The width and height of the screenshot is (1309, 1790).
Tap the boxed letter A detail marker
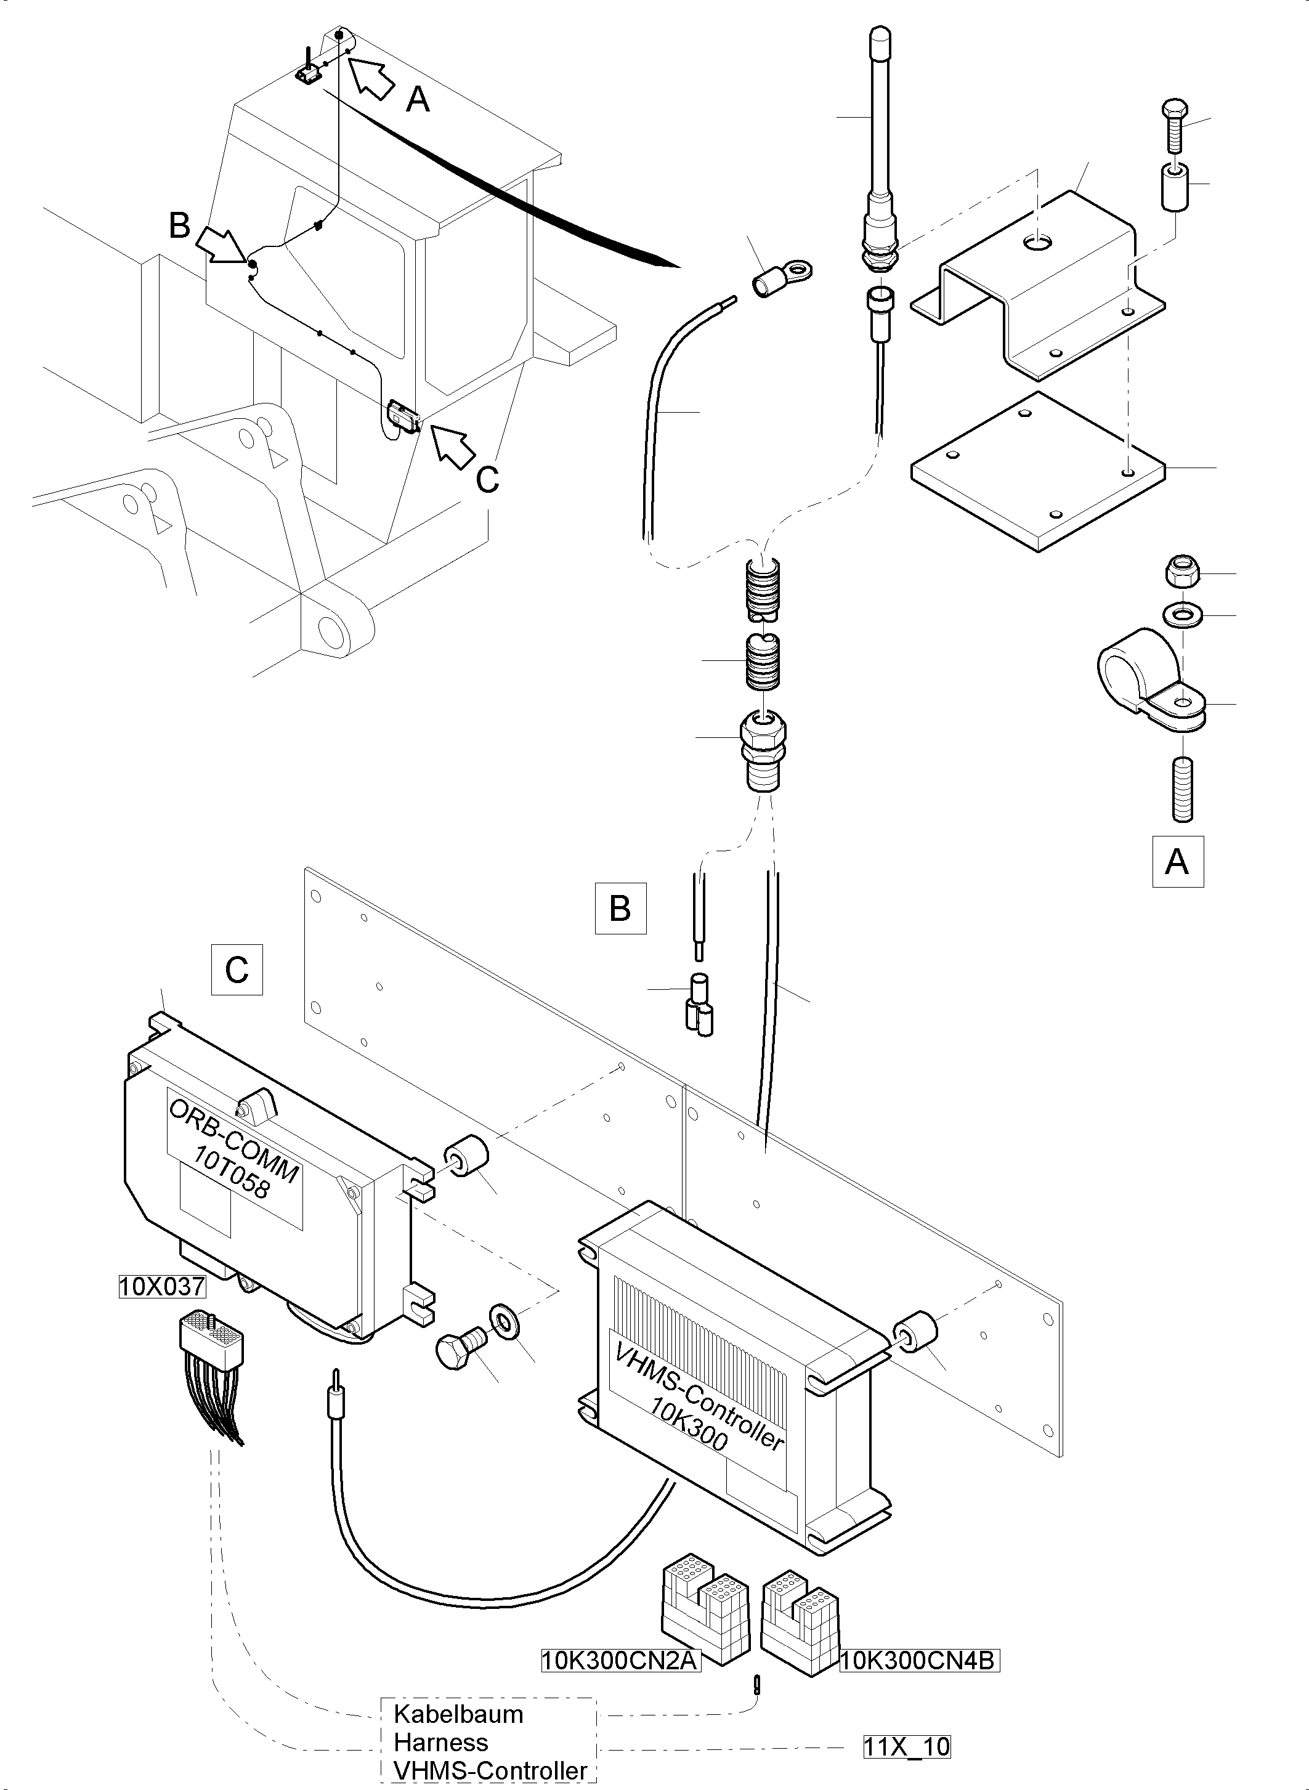1177,861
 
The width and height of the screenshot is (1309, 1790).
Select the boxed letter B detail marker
620,907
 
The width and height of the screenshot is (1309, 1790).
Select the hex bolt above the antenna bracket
1174,127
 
